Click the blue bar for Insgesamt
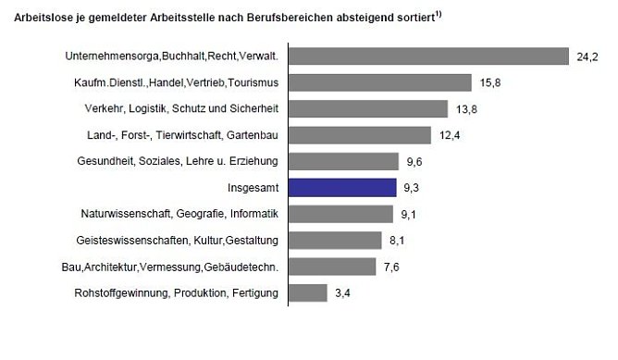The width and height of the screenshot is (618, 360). click(343, 187)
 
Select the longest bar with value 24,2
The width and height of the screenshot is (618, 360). click(428, 56)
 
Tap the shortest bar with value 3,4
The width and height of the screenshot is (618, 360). click(308, 293)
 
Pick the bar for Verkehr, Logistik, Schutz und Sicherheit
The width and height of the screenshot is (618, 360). click(368, 109)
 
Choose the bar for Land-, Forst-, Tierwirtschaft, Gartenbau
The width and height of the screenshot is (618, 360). click(360, 135)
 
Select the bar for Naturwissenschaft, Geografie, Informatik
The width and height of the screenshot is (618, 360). click(341, 214)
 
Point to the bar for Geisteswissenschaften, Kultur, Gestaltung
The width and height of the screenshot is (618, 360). click(336, 241)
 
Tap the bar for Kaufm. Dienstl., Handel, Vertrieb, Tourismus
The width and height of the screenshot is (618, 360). click(380, 83)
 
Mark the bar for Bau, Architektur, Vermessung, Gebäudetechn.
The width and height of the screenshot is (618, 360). click(333, 267)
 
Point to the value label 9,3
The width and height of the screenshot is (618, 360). click(412, 188)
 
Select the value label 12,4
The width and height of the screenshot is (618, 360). click(448, 136)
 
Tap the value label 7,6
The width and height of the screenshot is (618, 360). click(391, 268)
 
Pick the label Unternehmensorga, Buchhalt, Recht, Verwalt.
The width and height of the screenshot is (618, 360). click(173, 57)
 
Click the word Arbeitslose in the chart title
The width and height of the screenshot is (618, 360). click(32, 18)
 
